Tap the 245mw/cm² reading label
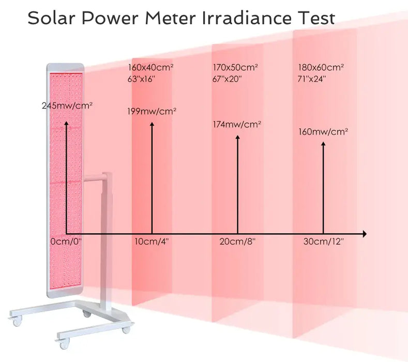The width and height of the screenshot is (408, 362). coord(67,105)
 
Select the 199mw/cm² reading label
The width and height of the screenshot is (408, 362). coord(152,111)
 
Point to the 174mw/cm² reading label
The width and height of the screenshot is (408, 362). coord(237,125)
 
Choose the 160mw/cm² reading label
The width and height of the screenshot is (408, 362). coord(323,131)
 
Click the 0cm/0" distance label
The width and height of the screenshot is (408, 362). coord(66,242)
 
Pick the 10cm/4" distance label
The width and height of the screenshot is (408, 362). coord(152,242)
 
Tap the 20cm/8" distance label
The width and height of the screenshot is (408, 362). coord(237,242)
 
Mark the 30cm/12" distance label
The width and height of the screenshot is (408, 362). coord(324,242)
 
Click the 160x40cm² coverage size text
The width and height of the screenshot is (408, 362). coord(150,67)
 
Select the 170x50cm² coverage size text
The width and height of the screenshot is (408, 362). coord(235,67)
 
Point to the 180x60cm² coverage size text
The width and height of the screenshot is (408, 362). coord(321,67)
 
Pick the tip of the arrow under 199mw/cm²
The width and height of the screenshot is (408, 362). coord(152,124)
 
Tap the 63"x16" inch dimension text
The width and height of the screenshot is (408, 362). coord(141,79)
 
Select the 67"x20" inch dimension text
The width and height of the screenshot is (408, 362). coord(227,79)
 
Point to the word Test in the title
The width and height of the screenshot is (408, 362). coord(316,18)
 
